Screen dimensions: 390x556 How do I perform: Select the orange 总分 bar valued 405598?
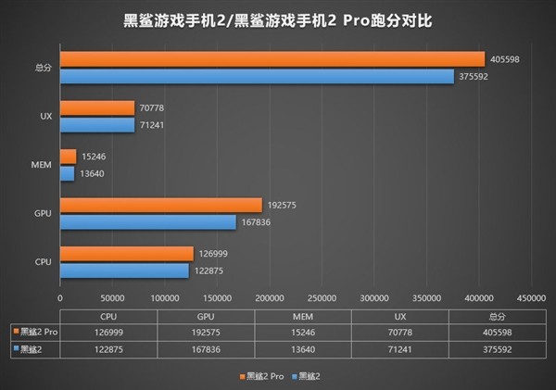pos(272,59)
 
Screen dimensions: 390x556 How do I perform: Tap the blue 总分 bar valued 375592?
pos(257,76)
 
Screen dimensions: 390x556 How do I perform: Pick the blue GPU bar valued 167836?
pos(147,221)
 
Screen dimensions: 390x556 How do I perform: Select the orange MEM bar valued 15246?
pos(68,157)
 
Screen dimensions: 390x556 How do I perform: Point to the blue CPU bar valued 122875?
pos(124,270)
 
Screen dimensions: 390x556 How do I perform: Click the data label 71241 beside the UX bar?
pos(150,125)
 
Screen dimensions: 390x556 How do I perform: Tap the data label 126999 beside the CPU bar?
pos(212,253)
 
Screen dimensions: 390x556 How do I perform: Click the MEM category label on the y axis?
pos(42,165)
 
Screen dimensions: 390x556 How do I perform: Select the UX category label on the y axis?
pos(45,117)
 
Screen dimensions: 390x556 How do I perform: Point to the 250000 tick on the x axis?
pos(322,298)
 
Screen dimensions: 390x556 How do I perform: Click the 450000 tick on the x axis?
pos(531,298)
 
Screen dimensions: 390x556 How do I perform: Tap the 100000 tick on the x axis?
pos(164,298)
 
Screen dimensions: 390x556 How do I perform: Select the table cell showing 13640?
pos(296,347)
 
